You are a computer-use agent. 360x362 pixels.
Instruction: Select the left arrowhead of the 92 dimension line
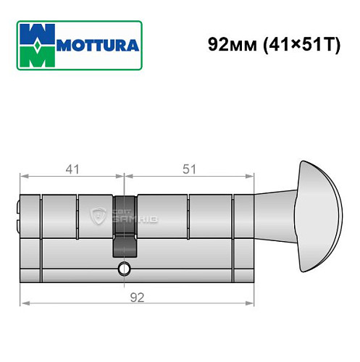point(23,302)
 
